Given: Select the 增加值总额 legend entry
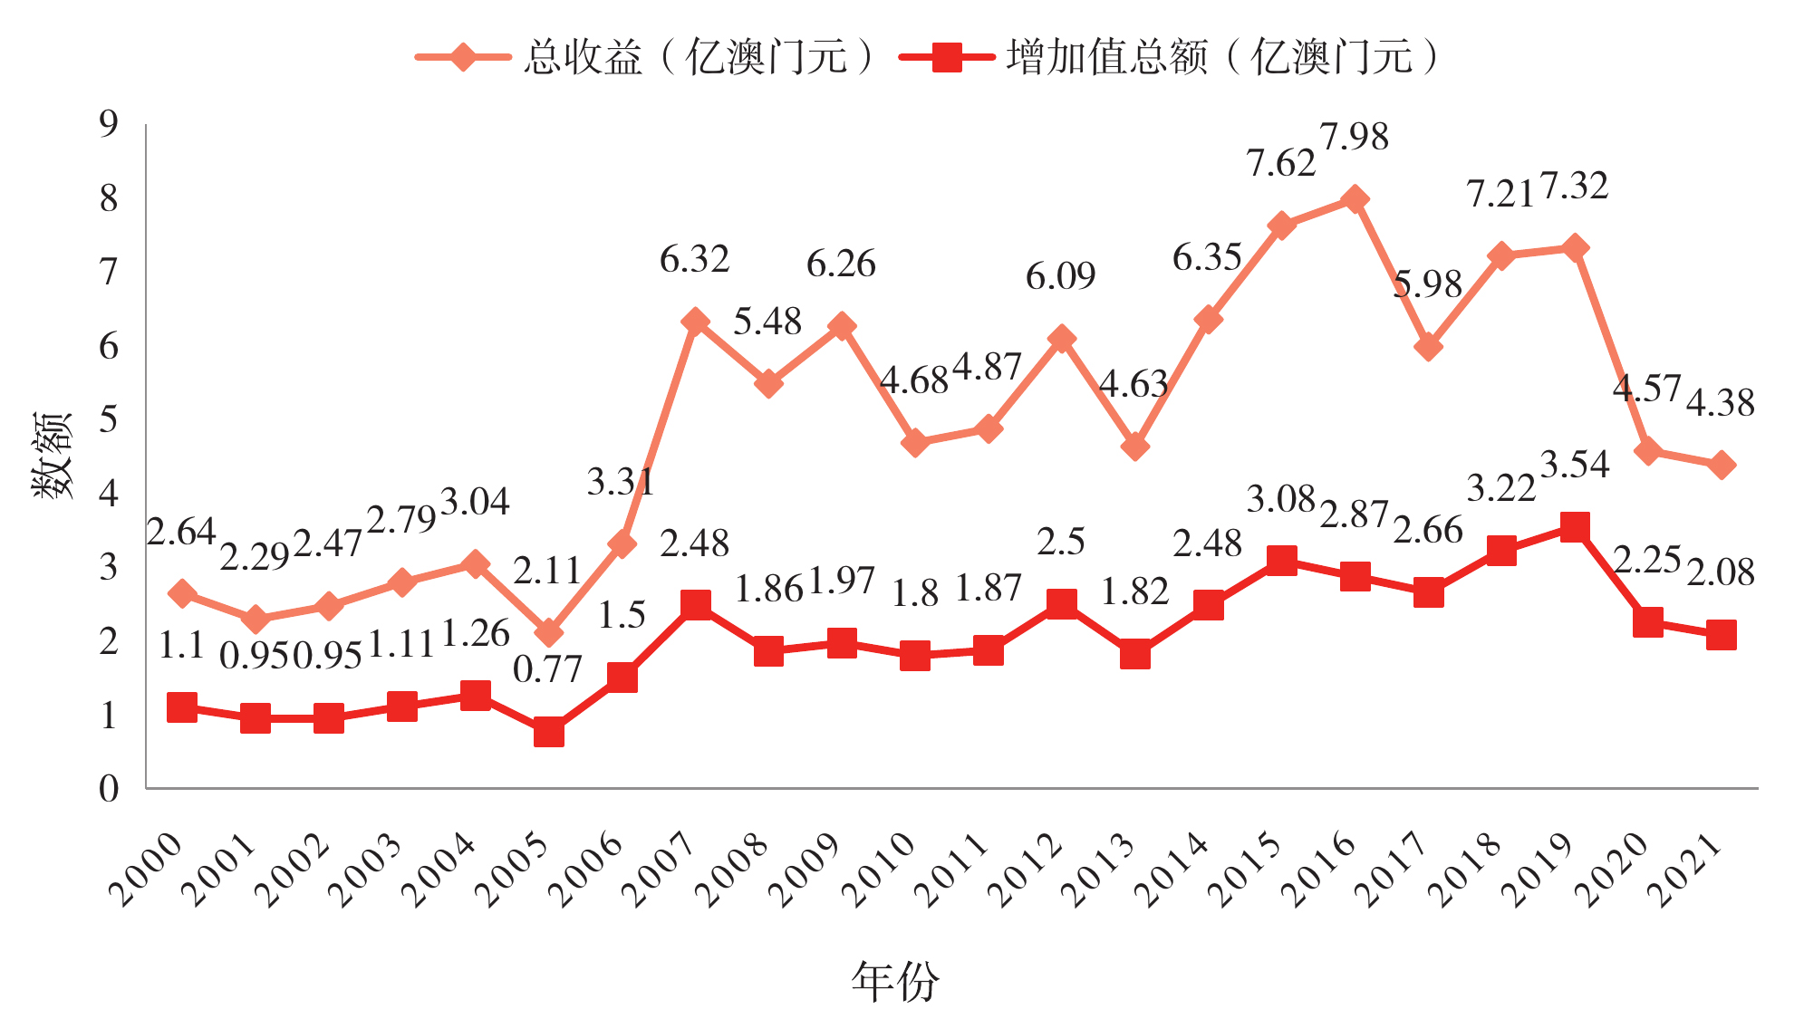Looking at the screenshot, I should pyautogui.click(x=1169, y=58).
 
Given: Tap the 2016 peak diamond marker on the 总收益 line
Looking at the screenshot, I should pyautogui.click(x=1355, y=199).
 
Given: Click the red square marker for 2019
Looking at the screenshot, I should pyautogui.click(x=1575, y=527).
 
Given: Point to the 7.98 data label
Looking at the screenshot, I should pyautogui.click(x=1355, y=138).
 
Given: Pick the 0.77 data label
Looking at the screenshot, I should pyautogui.click(x=547, y=670).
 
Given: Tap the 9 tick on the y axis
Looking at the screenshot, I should pyautogui.click(x=109, y=124).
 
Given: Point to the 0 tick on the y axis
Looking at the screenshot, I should pyautogui.click(x=109, y=789).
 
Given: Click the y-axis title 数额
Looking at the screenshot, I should pyautogui.click(x=53, y=455).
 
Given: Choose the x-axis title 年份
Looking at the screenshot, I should pyautogui.click(x=895, y=982).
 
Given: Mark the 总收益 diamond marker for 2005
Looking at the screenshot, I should pyautogui.click(x=548, y=632).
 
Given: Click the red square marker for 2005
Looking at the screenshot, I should pyautogui.click(x=548, y=731).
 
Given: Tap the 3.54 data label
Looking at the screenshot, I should pyautogui.click(x=1575, y=466).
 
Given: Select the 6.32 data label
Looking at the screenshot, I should pyautogui.click(x=694, y=260).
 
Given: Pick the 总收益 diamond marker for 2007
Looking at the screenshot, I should pyautogui.click(x=695, y=322).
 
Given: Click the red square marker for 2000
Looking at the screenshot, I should pyautogui.click(x=182, y=707).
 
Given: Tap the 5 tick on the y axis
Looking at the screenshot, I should pyautogui.click(x=109, y=419).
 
